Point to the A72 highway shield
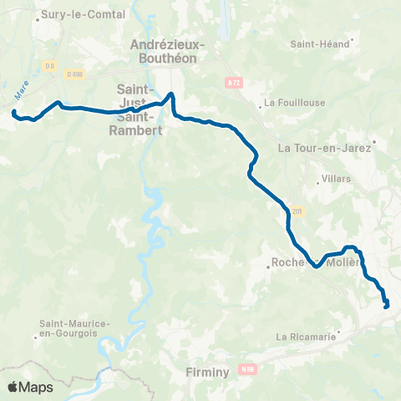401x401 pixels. (x=233, y=83)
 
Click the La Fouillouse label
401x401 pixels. (x=290, y=104)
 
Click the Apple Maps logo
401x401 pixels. (x=30, y=387)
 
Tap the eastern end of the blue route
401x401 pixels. (x=386, y=307)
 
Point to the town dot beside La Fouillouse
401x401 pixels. (x=261, y=105)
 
